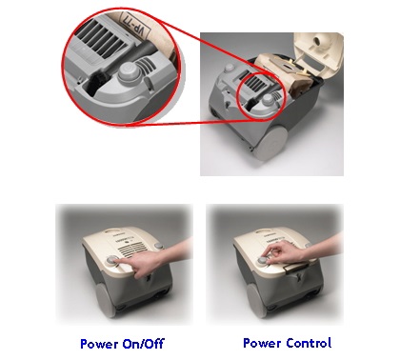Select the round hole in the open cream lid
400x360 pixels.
pos(318,40)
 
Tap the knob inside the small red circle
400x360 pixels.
pos(268,100)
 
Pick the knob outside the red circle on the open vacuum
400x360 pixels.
pos(229,69)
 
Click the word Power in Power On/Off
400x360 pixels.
pos(100,344)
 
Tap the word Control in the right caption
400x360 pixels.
pos(309,343)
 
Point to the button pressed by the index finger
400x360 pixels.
pos(112,260)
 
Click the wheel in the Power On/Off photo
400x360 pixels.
pos(106,300)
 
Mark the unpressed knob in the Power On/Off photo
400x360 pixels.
pos(158,246)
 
